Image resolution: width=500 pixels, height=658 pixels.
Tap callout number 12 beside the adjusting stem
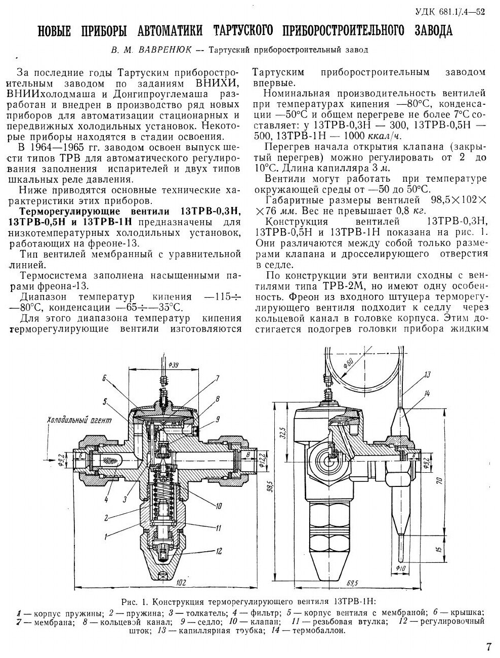pos(219,550)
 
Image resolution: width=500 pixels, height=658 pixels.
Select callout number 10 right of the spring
pos(219,505)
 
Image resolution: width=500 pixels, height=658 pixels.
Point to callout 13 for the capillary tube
pos(427,375)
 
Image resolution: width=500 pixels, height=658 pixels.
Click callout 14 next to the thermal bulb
pos(428,393)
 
